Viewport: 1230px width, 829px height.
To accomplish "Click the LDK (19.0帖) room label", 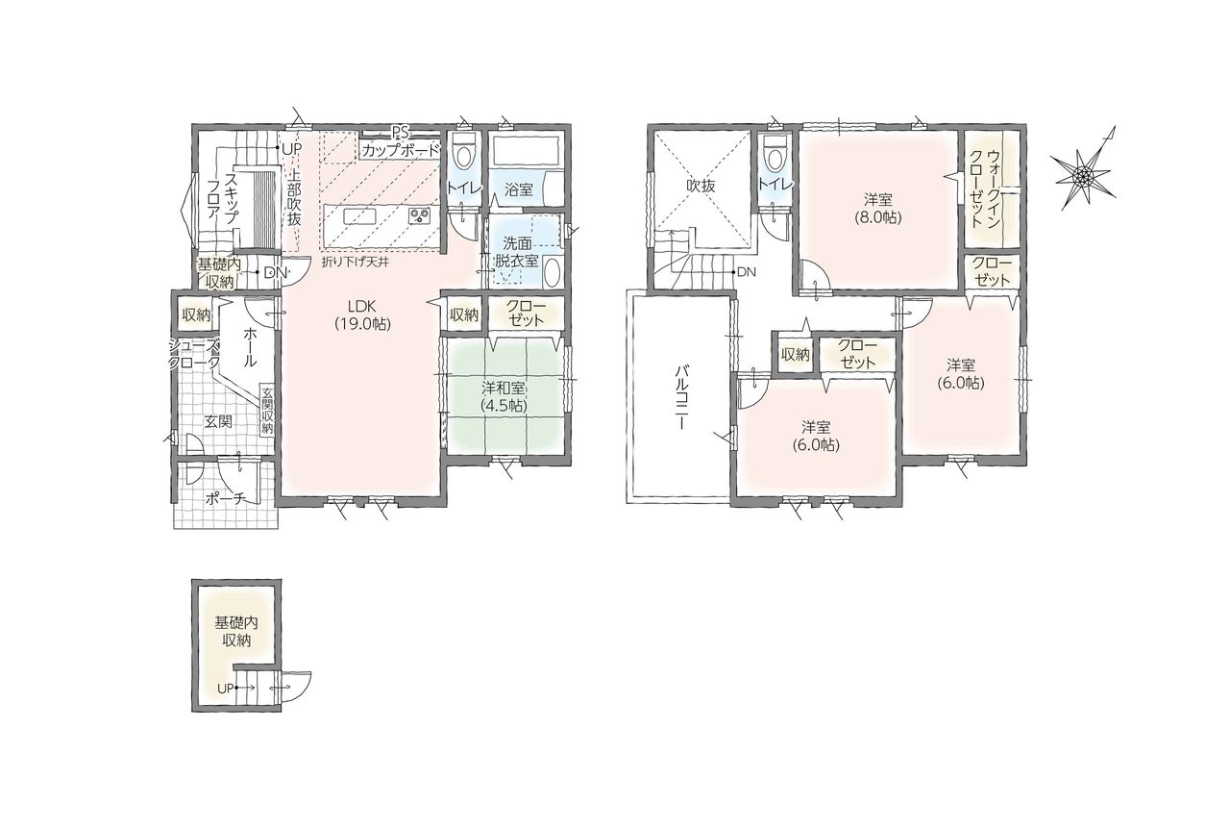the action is (x=363, y=315).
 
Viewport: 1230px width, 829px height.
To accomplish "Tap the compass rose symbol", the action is (x=1083, y=174).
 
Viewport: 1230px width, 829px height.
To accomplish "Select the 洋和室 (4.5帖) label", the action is (x=504, y=397).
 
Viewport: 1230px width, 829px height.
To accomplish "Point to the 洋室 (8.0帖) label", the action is (x=877, y=208).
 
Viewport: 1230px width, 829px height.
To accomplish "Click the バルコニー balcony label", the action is (x=679, y=396).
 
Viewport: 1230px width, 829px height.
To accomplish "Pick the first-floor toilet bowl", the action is (x=464, y=153).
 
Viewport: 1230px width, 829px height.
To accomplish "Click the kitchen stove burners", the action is (x=419, y=215).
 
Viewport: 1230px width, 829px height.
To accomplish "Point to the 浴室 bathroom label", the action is (x=518, y=190).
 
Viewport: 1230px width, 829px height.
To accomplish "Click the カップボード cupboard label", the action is (x=401, y=150).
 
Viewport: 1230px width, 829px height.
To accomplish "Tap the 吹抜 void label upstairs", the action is (x=701, y=186).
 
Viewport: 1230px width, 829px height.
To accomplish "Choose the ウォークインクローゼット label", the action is (x=983, y=188).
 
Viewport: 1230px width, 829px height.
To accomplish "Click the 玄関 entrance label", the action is (x=218, y=421).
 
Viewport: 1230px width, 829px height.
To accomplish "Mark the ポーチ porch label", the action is (x=226, y=498).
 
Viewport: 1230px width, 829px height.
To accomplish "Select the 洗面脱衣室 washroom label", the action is (x=516, y=252).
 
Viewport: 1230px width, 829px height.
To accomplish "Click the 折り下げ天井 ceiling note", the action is (x=356, y=263).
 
